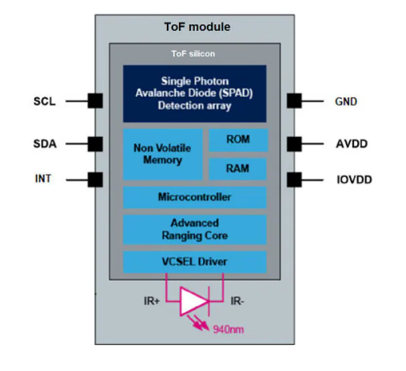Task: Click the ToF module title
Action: [197, 27]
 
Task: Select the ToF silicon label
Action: [194, 53]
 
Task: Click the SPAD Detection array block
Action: [195, 93]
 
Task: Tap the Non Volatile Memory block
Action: [162, 154]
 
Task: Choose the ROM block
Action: [238, 140]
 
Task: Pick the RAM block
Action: [238, 168]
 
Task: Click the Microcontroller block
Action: [195, 197]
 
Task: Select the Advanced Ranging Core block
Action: [195, 229]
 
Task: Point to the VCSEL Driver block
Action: [195, 261]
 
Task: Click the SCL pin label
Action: [45, 102]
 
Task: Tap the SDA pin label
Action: [45, 144]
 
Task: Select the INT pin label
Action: [43, 179]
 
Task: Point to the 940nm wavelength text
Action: [227, 329]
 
